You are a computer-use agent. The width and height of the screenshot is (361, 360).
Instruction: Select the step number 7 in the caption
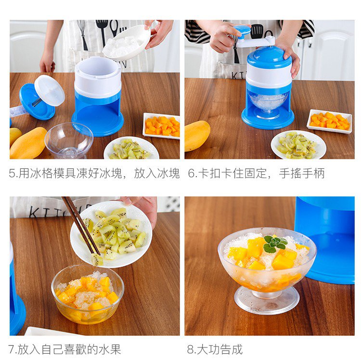[x=12, y=349]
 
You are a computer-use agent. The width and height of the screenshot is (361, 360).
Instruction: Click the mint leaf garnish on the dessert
[x=275, y=244]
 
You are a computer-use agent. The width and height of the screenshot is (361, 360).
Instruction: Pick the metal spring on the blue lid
[x=37, y=102]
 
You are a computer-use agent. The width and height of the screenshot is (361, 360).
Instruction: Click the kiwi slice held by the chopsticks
[x=97, y=259]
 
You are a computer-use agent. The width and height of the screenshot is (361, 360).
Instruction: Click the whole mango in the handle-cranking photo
[x=197, y=136]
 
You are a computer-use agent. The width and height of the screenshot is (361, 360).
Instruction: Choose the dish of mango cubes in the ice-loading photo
[x=162, y=126]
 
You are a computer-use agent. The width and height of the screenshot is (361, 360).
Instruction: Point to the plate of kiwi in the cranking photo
[x=298, y=145]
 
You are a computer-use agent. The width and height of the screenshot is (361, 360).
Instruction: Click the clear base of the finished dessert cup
[x=267, y=300]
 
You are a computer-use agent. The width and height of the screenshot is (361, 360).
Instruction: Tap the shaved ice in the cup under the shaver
[x=269, y=102]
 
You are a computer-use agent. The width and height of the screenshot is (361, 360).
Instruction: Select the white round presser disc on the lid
[x=50, y=90]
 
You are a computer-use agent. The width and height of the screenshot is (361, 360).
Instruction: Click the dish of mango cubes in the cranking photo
[x=329, y=121]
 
